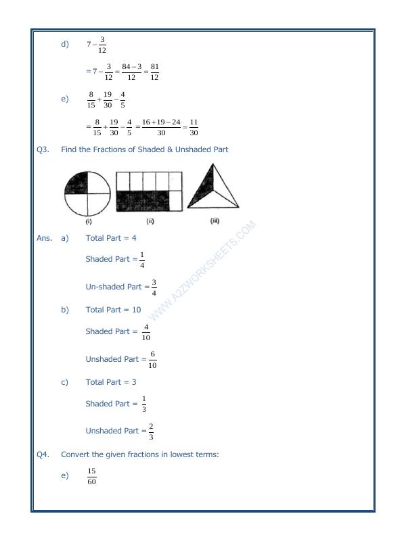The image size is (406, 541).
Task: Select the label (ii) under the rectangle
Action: (x=150, y=221)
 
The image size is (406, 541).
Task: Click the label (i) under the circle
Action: (x=89, y=221)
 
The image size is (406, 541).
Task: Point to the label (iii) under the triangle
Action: (x=215, y=220)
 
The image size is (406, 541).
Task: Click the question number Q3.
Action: (x=43, y=149)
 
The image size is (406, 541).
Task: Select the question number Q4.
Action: (x=43, y=454)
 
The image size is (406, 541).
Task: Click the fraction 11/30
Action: (x=194, y=127)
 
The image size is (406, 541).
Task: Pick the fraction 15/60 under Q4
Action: (x=91, y=476)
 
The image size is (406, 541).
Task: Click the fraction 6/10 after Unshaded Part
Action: (x=152, y=360)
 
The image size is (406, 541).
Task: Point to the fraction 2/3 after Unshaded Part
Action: (x=151, y=431)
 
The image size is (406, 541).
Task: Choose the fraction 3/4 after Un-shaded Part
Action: (x=154, y=287)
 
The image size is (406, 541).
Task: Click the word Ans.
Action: (x=44, y=238)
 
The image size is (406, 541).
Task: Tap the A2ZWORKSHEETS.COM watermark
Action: (x=200, y=270)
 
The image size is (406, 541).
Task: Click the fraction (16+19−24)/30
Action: (x=161, y=127)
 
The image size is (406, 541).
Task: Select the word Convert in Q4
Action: (x=76, y=454)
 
